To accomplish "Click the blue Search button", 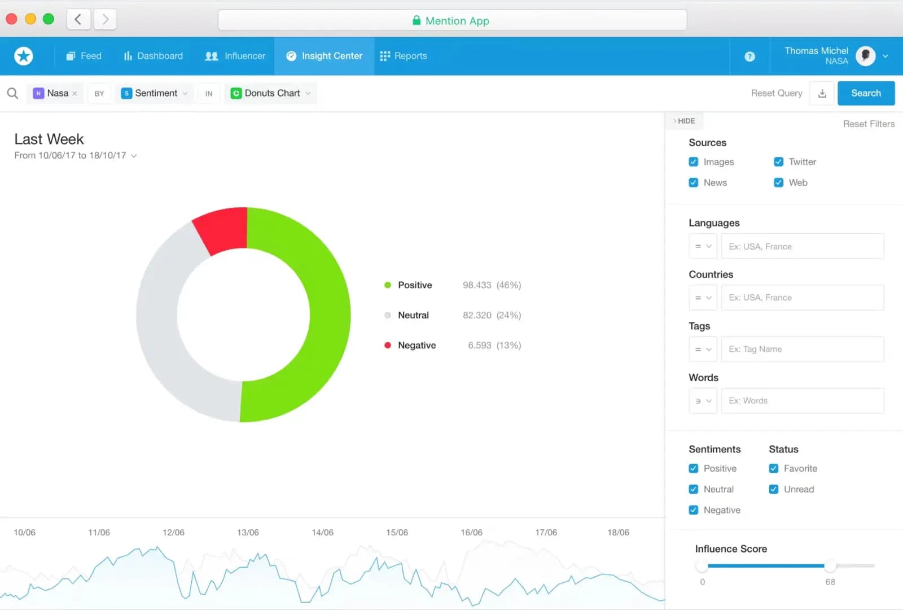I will coord(866,93).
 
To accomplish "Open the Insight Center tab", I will coord(325,56).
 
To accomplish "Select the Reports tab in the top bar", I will coord(404,56).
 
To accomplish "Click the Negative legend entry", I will coord(417,345).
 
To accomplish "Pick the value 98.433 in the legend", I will coord(477,285).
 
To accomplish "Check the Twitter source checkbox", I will coord(778,162).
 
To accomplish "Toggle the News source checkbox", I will coord(694,183).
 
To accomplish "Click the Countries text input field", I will coord(802,298).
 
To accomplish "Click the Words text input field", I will coord(802,401).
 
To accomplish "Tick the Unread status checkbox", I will coord(774,490).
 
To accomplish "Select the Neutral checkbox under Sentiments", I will coord(694,490).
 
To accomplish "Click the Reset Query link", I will coord(776,93).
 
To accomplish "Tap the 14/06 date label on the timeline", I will coord(322,533).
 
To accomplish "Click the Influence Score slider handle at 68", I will coord(830,565).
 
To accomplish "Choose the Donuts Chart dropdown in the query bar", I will coord(271,93).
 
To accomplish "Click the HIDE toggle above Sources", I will coord(684,121).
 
